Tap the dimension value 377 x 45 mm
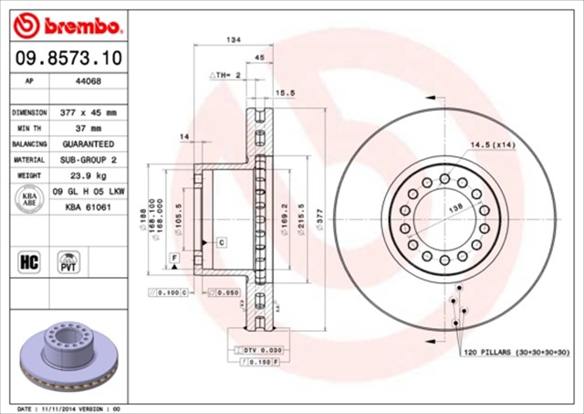(88, 112)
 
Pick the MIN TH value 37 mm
(88, 128)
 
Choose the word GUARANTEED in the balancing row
(88, 144)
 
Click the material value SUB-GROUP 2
(88, 160)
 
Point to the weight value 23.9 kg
(88, 175)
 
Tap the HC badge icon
(28, 261)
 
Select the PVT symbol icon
(68, 261)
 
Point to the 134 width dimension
(234, 40)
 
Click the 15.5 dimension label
(285, 92)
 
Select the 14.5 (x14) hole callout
(493, 145)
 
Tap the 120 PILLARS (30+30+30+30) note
(516, 352)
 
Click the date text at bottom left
(68, 409)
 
